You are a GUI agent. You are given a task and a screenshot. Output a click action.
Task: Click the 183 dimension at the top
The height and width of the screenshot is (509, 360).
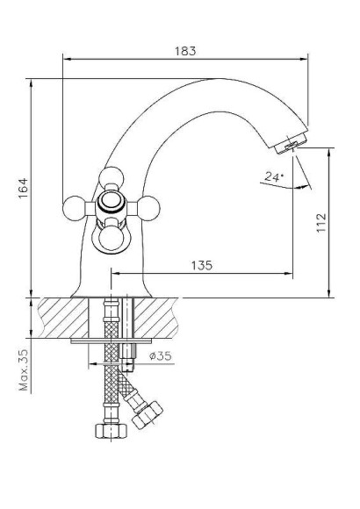click(185, 51)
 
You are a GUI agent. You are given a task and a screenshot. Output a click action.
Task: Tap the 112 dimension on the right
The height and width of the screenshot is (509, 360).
click(320, 221)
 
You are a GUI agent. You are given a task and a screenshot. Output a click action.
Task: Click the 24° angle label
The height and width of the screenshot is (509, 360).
click(273, 176)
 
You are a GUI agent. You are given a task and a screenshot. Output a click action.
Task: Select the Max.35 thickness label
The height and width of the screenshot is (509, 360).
click(23, 369)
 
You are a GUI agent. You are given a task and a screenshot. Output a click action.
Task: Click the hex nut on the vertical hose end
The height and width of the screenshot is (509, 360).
click(104, 433)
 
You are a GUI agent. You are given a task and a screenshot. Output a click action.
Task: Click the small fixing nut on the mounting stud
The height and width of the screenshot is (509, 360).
click(129, 356)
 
